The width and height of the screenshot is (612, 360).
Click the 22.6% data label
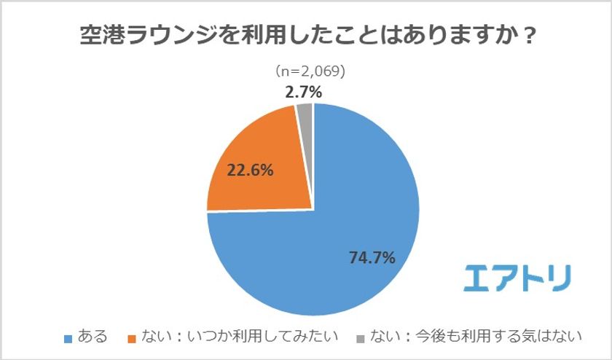251,171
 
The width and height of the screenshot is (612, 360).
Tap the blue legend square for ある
69,338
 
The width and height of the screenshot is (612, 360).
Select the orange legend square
131,338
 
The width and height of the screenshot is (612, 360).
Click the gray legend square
361,338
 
